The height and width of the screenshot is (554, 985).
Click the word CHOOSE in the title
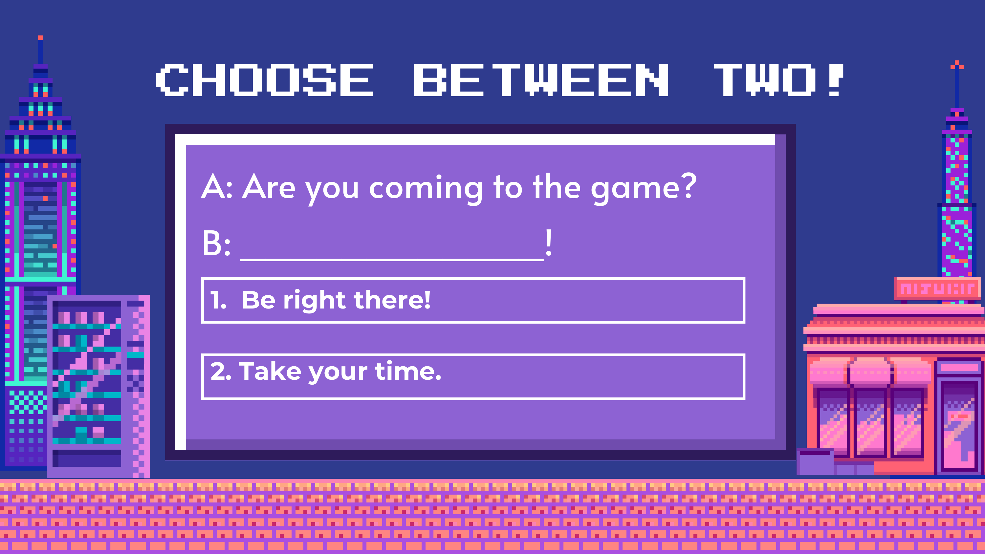265,80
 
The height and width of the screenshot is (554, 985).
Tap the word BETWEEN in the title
541,80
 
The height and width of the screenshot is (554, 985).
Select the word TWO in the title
765,80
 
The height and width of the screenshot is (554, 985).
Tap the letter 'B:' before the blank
216,243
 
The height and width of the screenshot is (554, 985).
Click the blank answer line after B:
392,259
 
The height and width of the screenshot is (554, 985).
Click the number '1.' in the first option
218,300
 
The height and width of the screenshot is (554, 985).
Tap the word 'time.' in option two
408,371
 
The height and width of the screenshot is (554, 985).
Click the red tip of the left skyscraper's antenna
40,37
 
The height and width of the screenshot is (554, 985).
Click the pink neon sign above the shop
937,289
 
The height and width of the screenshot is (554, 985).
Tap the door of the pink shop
959,425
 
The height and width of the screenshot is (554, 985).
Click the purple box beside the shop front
815,461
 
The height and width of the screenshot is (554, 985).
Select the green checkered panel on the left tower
28,401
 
